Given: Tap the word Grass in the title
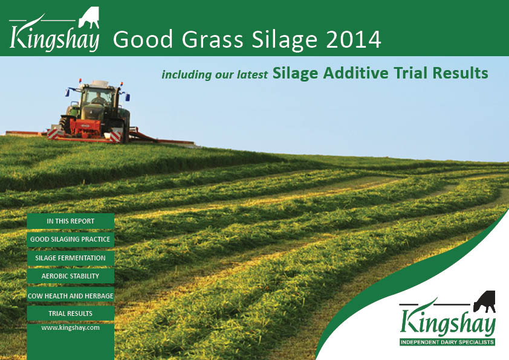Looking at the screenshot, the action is [212, 40].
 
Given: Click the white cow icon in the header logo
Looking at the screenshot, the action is [89, 18].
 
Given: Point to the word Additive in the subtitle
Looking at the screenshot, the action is [356, 72].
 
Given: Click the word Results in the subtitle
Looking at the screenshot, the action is [460, 72].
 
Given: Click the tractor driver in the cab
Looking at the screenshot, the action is [97, 98].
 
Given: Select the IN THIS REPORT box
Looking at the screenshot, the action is [71, 221].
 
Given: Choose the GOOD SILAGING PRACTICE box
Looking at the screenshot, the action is [71, 239].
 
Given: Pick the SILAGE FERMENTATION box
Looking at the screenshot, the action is [71, 258].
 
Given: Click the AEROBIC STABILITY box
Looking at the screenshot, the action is [71, 276].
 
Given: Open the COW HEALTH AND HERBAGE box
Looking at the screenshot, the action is [71, 295].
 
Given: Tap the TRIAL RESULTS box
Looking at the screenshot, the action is [71, 313].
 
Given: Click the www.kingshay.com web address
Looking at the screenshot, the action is [71, 327].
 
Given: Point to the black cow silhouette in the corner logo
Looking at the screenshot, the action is [485, 301].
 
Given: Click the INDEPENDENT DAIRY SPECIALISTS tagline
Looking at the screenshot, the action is [447, 342].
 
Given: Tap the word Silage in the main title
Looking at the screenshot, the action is [284, 40].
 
